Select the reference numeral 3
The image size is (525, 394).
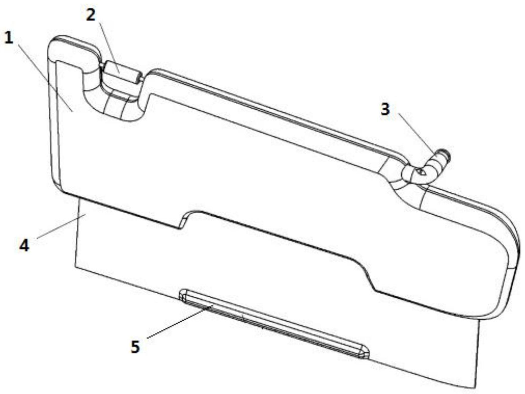[385, 110]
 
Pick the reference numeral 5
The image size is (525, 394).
[135, 347]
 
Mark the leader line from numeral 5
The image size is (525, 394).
[180, 322]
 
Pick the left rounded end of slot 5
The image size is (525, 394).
[183, 295]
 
